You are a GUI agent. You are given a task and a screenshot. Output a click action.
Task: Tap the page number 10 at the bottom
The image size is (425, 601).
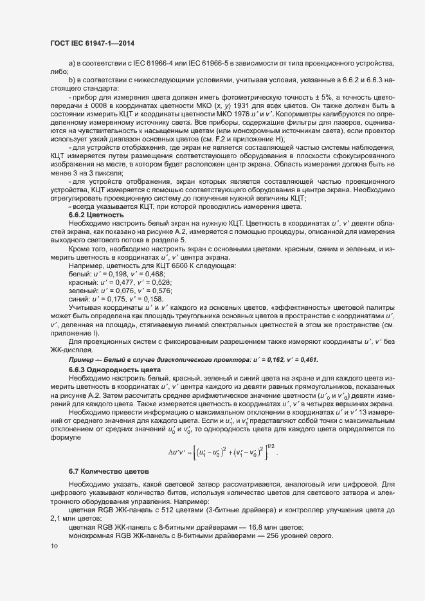(53, 546)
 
